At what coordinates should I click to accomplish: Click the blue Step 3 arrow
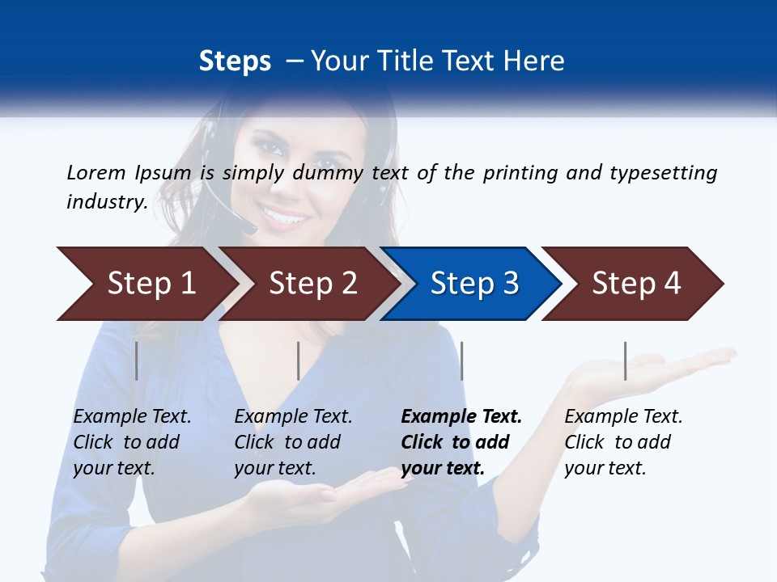pyautogui.click(x=473, y=284)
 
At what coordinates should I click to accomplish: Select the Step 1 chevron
pyautogui.click(x=151, y=284)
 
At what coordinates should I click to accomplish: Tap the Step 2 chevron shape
pyautogui.click(x=312, y=284)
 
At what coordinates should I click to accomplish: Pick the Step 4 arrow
pyautogui.click(x=635, y=284)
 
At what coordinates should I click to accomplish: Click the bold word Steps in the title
pyautogui.click(x=235, y=61)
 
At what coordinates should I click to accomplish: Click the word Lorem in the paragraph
pyautogui.click(x=96, y=172)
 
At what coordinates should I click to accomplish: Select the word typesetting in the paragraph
pyautogui.click(x=664, y=173)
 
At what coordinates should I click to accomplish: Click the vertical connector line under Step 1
pyautogui.click(x=137, y=361)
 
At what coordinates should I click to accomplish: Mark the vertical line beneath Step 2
pyautogui.click(x=299, y=361)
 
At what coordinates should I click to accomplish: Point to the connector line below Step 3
pyautogui.click(x=461, y=361)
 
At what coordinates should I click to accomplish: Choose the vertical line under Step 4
pyautogui.click(x=625, y=361)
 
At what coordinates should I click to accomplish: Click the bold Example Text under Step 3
pyautogui.click(x=461, y=417)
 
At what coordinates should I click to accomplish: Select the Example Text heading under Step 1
pyautogui.click(x=132, y=417)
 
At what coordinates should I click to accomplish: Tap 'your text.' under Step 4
pyautogui.click(x=605, y=469)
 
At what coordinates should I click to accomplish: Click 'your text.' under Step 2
pyautogui.click(x=274, y=469)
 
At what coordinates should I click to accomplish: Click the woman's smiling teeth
pyautogui.click(x=285, y=216)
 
